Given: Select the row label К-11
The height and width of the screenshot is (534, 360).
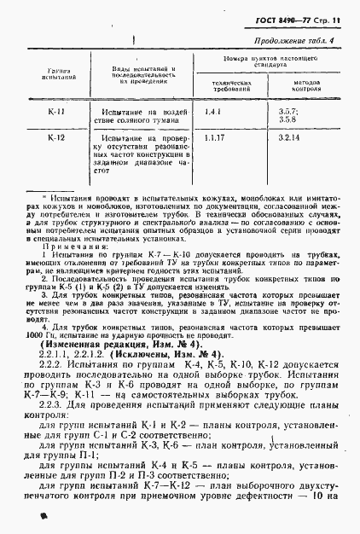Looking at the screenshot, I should [58, 111].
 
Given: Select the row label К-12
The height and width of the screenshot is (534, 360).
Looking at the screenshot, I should [58, 136].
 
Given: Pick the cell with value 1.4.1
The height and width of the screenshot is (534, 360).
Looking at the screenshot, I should [212, 111].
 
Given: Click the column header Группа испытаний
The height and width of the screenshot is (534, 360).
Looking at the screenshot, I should [57, 73].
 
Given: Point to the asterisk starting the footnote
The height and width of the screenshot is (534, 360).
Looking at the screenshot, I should [32, 194].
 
